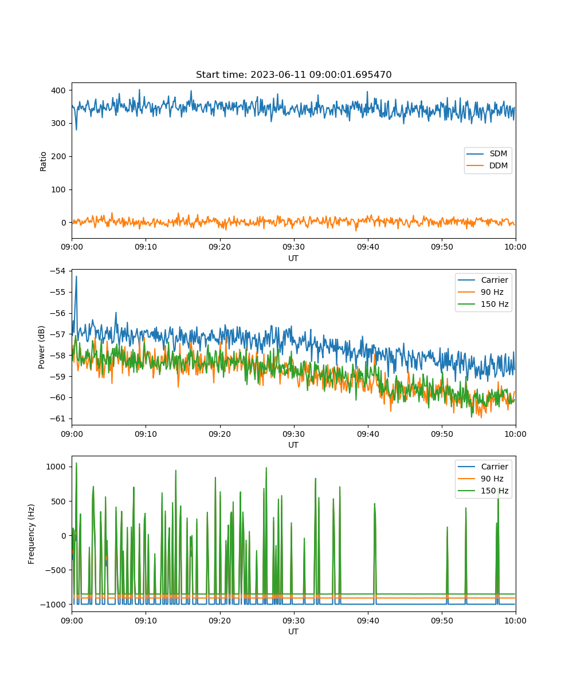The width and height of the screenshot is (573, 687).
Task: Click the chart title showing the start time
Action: point(293,74)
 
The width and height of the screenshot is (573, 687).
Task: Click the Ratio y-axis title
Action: point(43,161)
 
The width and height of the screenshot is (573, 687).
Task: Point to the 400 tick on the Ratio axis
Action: point(58,90)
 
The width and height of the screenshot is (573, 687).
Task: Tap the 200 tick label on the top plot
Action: point(58,157)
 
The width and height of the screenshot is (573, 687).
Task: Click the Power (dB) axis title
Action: point(41,347)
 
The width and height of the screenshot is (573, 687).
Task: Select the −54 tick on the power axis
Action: point(58,271)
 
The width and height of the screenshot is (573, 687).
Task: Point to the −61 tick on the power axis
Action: point(58,418)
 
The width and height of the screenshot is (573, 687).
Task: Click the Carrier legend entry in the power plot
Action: point(483,280)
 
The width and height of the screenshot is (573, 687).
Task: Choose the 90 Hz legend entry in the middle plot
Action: point(481,292)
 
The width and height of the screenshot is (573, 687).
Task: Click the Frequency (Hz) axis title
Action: point(31,534)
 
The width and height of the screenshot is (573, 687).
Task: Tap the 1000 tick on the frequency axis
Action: point(56,467)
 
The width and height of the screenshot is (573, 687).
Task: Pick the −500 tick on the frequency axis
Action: point(56,570)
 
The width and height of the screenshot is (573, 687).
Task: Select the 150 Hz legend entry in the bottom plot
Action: point(483,491)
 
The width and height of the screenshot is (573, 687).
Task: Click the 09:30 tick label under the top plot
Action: point(293,247)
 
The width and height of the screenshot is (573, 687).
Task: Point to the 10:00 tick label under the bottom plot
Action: point(515,621)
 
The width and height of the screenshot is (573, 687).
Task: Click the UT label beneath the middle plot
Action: point(293,445)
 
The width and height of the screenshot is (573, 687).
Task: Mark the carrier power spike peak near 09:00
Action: point(76,277)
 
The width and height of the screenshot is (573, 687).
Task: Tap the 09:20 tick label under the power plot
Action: point(219,434)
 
